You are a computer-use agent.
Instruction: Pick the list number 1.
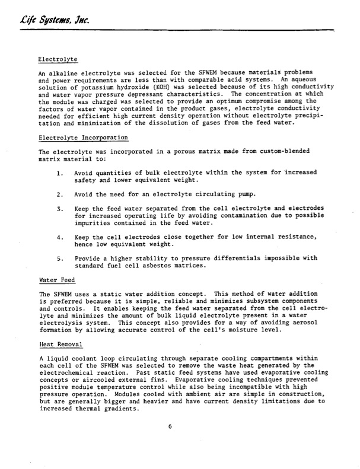point(60,173)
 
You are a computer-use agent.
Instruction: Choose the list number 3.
point(60,209)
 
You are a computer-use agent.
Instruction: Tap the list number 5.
point(60,259)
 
